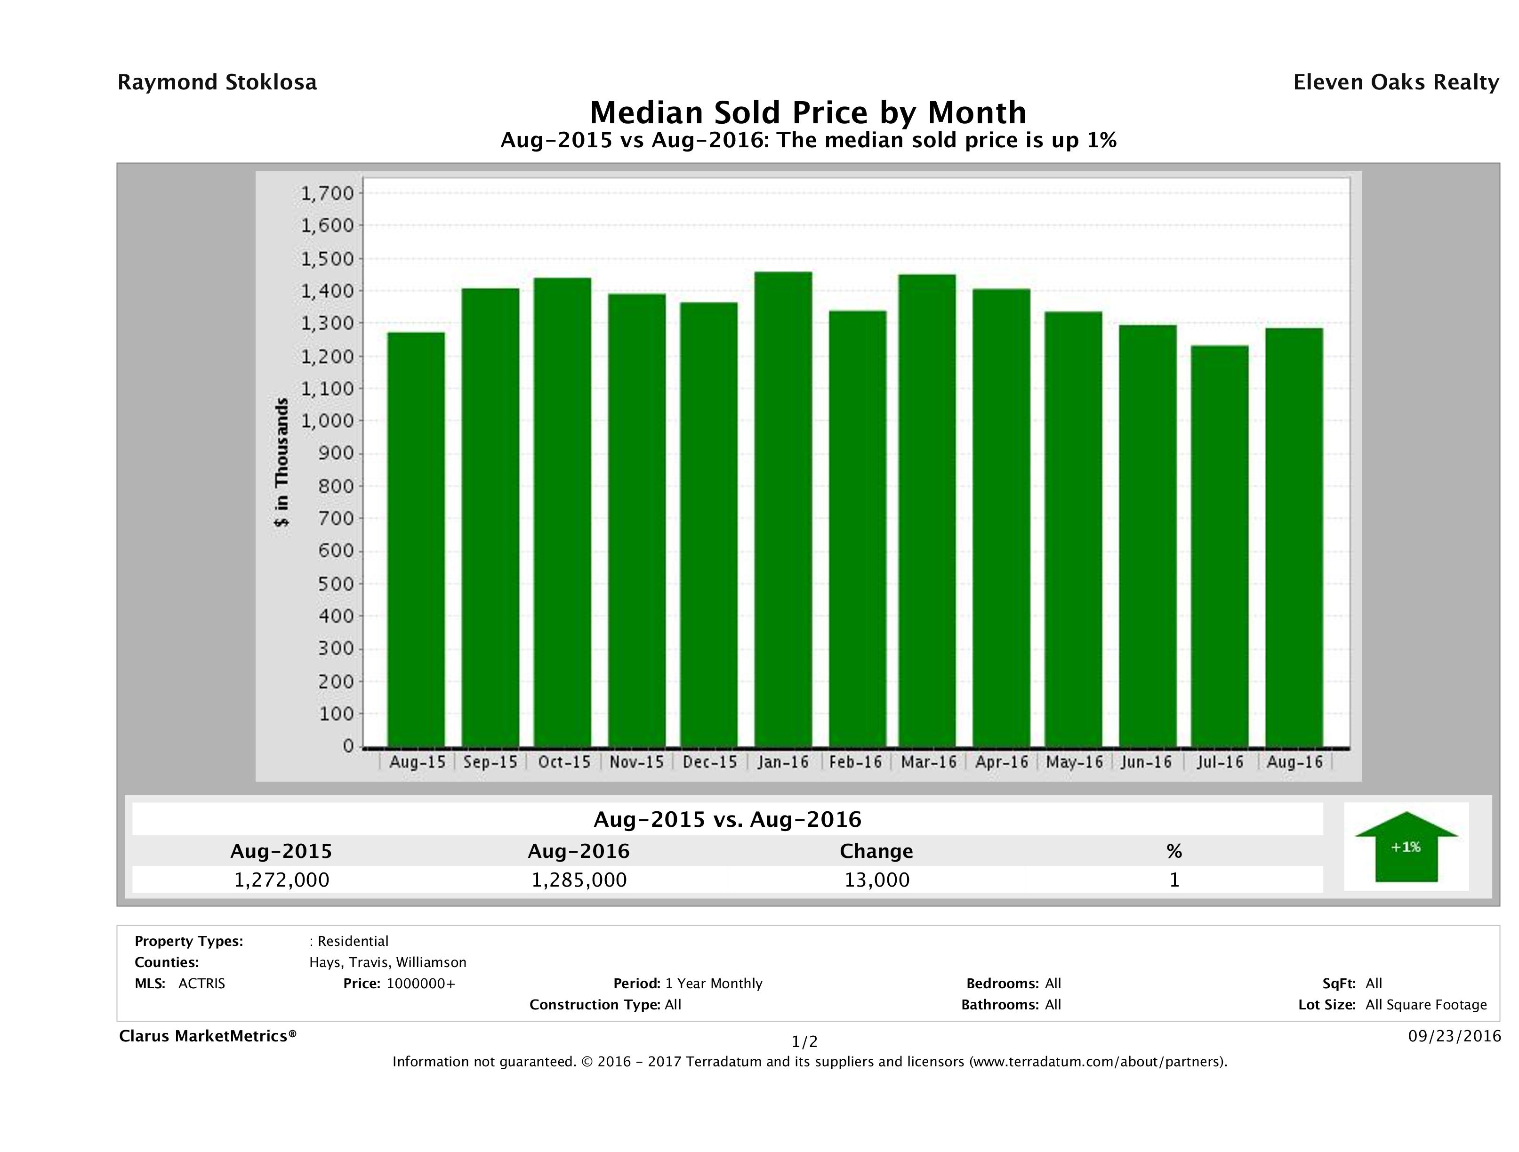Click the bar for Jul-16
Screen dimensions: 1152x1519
(1220, 546)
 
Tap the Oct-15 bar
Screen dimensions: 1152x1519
(563, 512)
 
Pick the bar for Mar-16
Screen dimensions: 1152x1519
(927, 511)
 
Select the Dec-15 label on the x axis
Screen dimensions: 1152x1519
(709, 762)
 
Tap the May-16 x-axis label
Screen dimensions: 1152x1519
(1074, 762)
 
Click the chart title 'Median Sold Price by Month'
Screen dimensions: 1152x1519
(808, 112)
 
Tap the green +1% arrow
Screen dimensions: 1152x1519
(1406, 847)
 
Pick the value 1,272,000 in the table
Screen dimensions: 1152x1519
(281, 880)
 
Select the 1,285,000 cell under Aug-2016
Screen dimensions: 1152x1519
(579, 880)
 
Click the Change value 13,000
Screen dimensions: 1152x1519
(876, 880)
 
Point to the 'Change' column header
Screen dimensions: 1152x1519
(876, 851)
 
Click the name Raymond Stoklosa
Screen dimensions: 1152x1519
(217, 82)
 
